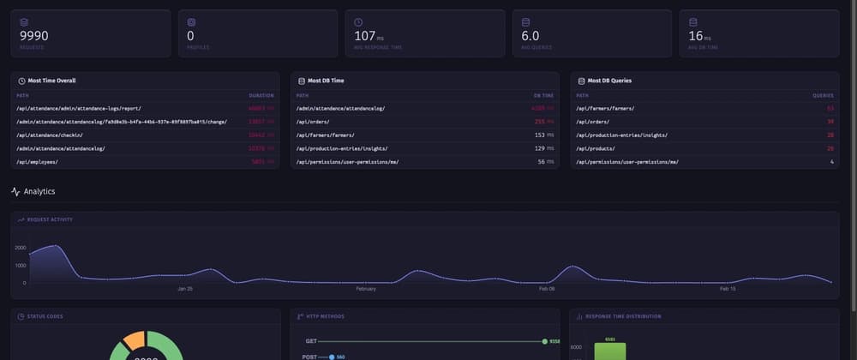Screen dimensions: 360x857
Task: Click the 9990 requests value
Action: pyautogui.click(x=33, y=36)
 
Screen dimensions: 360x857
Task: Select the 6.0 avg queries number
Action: pyautogui.click(x=530, y=36)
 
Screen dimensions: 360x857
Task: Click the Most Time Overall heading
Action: pyautogui.click(x=51, y=81)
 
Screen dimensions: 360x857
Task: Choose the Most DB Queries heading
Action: pyautogui.click(x=610, y=81)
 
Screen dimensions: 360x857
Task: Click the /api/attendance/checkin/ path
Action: pyautogui.click(x=56, y=135)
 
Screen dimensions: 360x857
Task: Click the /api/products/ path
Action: pyautogui.click(x=600, y=148)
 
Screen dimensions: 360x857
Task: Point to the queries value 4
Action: pyautogui.click(x=831, y=162)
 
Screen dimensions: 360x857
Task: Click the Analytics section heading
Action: pyautogui.click(x=39, y=192)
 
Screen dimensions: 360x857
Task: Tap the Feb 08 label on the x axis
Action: pyautogui.click(x=546, y=289)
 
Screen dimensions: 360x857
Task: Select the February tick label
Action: pyautogui.click(x=366, y=289)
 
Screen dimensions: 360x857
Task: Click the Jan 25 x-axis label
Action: pyautogui.click(x=185, y=289)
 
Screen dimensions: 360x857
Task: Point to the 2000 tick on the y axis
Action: pyautogui.click(x=20, y=247)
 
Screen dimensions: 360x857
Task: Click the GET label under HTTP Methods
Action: pyautogui.click(x=312, y=341)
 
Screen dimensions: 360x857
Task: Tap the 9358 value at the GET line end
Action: pyautogui.click(x=554, y=341)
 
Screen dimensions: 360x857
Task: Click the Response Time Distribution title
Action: pyautogui.click(x=623, y=316)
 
